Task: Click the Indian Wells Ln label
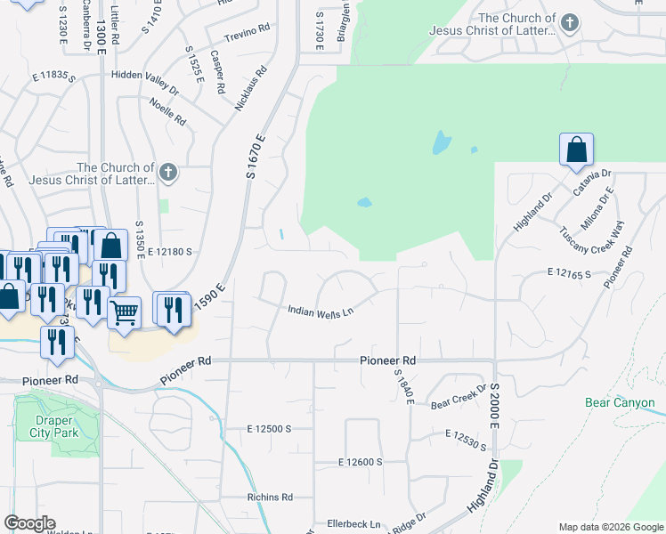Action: click(321, 311)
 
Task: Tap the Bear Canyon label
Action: click(620, 403)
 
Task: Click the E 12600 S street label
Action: click(360, 462)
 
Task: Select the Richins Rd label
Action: click(271, 497)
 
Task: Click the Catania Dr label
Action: click(592, 183)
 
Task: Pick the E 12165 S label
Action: click(570, 273)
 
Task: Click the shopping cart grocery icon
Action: click(125, 312)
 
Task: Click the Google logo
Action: click(29, 523)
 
